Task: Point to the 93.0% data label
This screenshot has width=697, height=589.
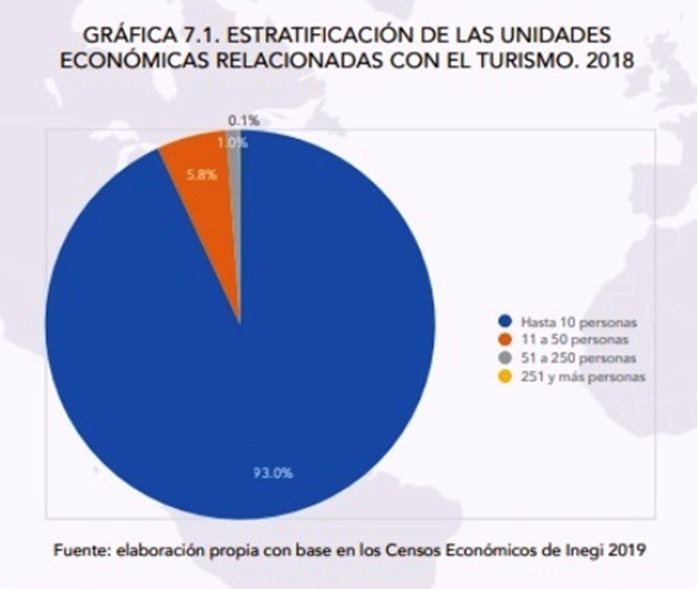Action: (268, 473)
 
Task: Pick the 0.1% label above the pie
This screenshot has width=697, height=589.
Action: (242, 120)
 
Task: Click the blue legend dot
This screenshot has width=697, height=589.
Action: (504, 320)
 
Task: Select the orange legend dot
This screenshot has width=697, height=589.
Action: (504, 339)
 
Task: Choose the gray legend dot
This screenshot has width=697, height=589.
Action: (504, 358)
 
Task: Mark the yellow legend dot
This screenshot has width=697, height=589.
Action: (504, 376)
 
